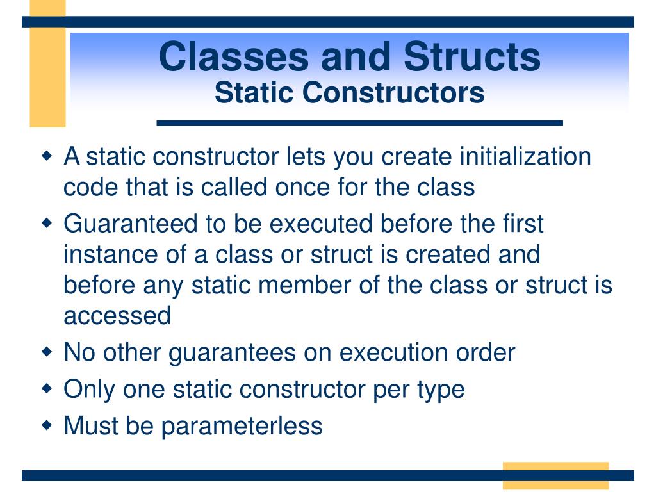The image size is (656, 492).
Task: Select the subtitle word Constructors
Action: [393, 93]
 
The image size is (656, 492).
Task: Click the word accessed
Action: [117, 315]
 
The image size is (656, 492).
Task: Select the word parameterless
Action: [242, 425]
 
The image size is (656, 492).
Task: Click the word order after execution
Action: [485, 352]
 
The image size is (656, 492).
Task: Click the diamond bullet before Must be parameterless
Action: [47, 425]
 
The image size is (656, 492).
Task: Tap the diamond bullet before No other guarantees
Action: [47, 352]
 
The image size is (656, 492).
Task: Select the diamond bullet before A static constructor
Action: [47, 156]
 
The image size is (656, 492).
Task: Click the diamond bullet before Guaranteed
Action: [47, 224]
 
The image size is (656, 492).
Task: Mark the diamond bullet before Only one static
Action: [47, 388]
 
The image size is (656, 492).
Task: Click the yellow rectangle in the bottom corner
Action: [555, 475]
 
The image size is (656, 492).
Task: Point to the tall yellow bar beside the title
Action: [47, 64]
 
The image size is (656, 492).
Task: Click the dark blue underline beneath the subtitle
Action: [359, 123]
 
